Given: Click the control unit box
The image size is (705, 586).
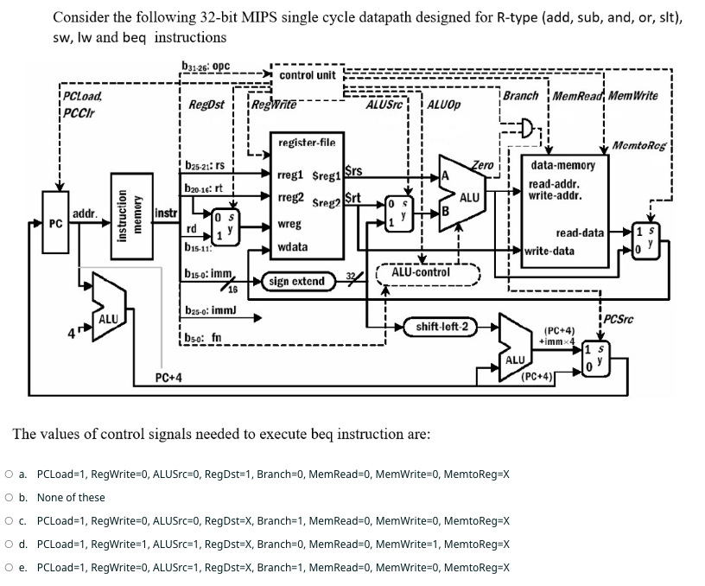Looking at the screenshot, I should point(308,75).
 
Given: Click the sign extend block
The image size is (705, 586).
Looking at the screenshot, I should point(297,281).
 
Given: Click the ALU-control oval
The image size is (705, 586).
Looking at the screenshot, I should point(421,272).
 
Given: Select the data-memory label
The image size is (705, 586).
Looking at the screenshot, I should point(562,164).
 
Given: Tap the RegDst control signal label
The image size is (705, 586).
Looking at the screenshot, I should point(206,105).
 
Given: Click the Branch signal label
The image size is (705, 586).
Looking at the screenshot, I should point(520,96).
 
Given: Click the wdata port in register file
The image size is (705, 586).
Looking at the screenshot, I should point(294,246).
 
